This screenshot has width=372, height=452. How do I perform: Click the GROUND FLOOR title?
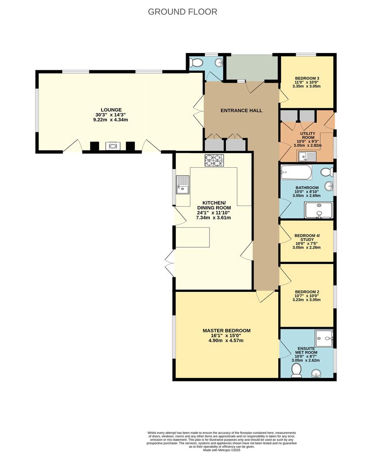click(x=182, y=12)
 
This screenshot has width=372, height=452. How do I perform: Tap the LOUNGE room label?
click(x=111, y=110)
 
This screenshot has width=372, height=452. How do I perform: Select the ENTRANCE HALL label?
click(x=242, y=110)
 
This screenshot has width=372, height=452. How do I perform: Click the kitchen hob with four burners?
click(x=214, y=161)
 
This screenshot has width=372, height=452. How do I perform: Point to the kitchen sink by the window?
click(x=183, y=185)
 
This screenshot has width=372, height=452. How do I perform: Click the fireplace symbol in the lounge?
click(x=112, y=146)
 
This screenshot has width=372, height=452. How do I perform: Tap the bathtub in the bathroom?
click(x=296, y=172)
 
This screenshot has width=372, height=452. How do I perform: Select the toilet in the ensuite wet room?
click(x=296, y=370)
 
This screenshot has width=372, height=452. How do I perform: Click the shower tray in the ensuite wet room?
click(x=324, y=339)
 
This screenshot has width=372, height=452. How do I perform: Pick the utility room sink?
click(x=307, y=157)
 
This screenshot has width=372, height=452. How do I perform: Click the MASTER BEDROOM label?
click(x=227, y=331)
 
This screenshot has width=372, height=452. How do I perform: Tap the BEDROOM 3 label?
click(x=307, y=78)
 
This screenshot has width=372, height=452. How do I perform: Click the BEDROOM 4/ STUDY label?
click(x=307, y=237)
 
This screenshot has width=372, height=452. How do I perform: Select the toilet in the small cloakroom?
click(x=196, y=62)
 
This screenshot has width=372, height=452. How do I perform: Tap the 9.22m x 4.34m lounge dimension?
click(x=110, y=120)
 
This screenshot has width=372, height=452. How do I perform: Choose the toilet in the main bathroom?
click(x=327, y=172)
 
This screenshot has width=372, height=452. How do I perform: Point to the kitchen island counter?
click(x=193, y=237)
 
